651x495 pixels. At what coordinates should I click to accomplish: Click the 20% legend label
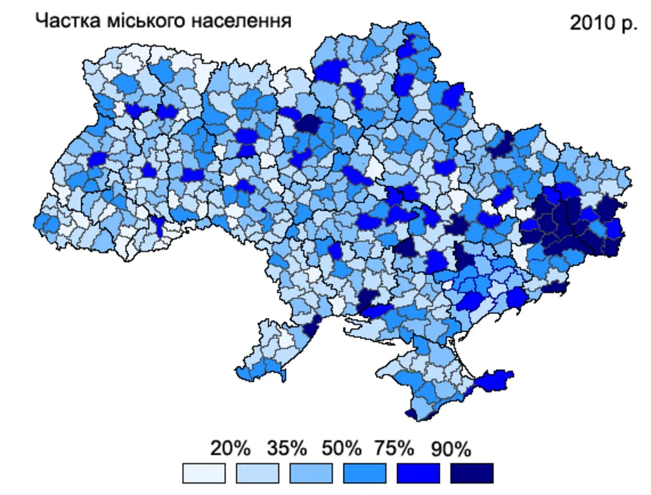[x=230, y=449]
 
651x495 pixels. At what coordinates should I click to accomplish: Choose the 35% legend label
[x=287, y=449]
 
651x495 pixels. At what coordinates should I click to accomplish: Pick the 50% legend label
[x=341, y=449]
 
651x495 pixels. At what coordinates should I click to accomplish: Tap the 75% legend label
[x=394, y=449]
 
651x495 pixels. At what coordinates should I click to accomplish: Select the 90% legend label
[x=451, y=449]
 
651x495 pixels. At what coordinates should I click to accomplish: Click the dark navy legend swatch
[x=471, y=473]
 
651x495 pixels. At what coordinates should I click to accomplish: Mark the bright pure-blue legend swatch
[x=418, y=473]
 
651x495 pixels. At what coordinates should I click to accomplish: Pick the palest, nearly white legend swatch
[x=203, y=473]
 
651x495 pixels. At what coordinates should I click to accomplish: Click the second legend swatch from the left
[x=257, y=473]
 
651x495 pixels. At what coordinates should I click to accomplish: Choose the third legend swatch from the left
[x=311, y=473]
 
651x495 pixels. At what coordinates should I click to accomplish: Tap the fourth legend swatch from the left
[x=365, y=473]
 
